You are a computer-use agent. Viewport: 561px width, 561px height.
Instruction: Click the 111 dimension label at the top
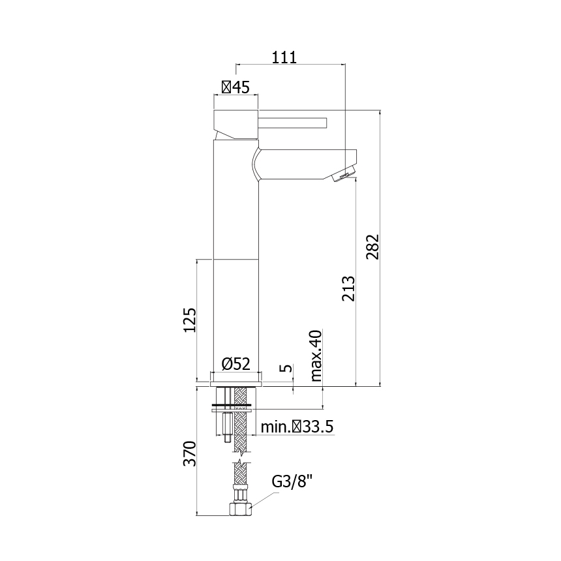[284, 57]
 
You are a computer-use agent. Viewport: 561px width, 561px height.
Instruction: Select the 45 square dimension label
[235, 87]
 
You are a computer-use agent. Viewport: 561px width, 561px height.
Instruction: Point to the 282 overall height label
[372, 247]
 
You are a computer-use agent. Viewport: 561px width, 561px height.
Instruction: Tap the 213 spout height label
[348, 288]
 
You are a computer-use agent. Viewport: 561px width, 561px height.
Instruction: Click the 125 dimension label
[190, 320]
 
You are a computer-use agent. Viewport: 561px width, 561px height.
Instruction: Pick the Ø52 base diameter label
[235, 364]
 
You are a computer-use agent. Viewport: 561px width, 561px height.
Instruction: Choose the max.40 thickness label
[316, 356]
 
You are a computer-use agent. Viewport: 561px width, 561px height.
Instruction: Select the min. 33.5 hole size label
[297, 427]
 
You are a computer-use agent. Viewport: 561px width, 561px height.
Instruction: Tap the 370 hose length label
[190, 453]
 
